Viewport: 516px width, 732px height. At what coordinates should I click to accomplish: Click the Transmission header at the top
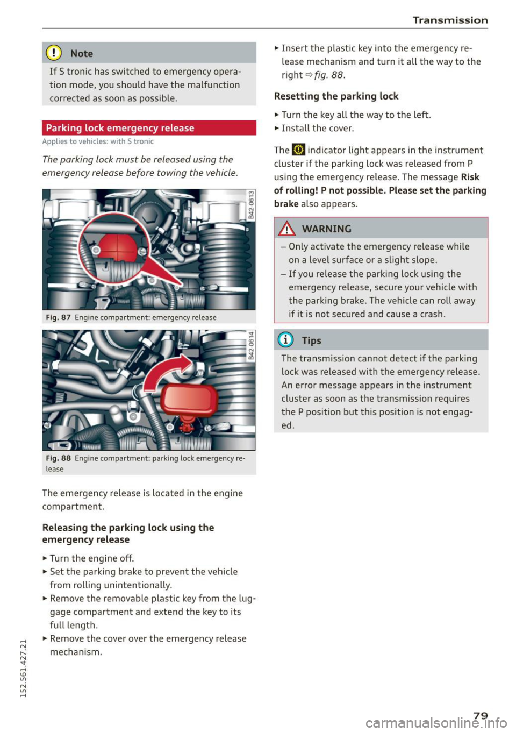(x=450, y=20)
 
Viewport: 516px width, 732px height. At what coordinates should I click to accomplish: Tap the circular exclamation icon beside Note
(x=54, y=53)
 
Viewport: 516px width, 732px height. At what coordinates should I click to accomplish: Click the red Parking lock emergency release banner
(x=149, y=128)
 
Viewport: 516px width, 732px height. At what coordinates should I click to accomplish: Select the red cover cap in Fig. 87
(x=119, y=248)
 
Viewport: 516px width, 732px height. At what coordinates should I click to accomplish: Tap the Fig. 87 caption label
(x=58, y=317)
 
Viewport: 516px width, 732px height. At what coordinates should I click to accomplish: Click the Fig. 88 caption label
(x=58, y=458)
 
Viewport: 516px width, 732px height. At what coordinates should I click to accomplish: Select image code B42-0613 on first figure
(x=250, y=204)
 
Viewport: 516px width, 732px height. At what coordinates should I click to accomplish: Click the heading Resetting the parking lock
(x=336, y=96)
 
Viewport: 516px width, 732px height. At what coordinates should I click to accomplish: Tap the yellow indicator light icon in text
(x=298, y=150)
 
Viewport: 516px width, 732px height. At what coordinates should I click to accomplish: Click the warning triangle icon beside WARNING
(x=288, y=229)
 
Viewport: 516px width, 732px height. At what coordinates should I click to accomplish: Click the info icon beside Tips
(x=286, y=340)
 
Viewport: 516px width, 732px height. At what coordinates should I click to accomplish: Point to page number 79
(x=481, y=715)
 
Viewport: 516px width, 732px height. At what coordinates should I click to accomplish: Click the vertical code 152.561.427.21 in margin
(x=22, y=667)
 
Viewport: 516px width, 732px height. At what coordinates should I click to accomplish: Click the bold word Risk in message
(x=470, y=177)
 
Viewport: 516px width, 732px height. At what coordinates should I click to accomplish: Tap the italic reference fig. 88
(x=329, y=75)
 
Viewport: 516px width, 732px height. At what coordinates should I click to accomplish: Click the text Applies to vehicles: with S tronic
(x=98, y=141)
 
